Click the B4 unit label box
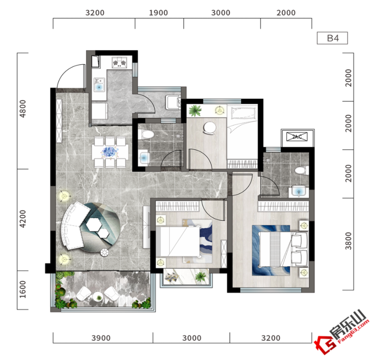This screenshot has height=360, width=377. pyautogui.click(x=332, y=38)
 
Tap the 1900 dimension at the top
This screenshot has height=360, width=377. pyautogui.click(x=158, y=13)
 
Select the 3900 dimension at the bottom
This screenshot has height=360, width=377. pyautogui.click(x=101, y=338)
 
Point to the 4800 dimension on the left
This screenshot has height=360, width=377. pyautogui.click(x=23, y=109)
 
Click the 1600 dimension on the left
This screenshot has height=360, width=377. pyautogui.click(x=23, y=289)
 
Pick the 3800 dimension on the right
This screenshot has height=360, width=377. pyautogui.click(x=348, y=241)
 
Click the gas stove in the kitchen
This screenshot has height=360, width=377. pyautogui.click(x=119, y=63)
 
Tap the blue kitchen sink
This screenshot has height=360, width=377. pyautogui.click(x=99, y=86)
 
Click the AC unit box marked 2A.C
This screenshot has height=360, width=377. pyautogui.click(x=297, y=137)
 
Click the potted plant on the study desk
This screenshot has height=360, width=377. pyautogui.click(x=195, y=110)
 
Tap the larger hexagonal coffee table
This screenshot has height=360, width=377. pyautogui.click(x=94, y=225)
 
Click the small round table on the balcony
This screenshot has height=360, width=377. pyautogui.click(x=99, y=297)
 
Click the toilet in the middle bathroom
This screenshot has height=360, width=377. pyautogui.click(x=146, y=134)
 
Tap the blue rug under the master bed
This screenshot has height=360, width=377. pyautogui.click(x=271, y=250)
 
